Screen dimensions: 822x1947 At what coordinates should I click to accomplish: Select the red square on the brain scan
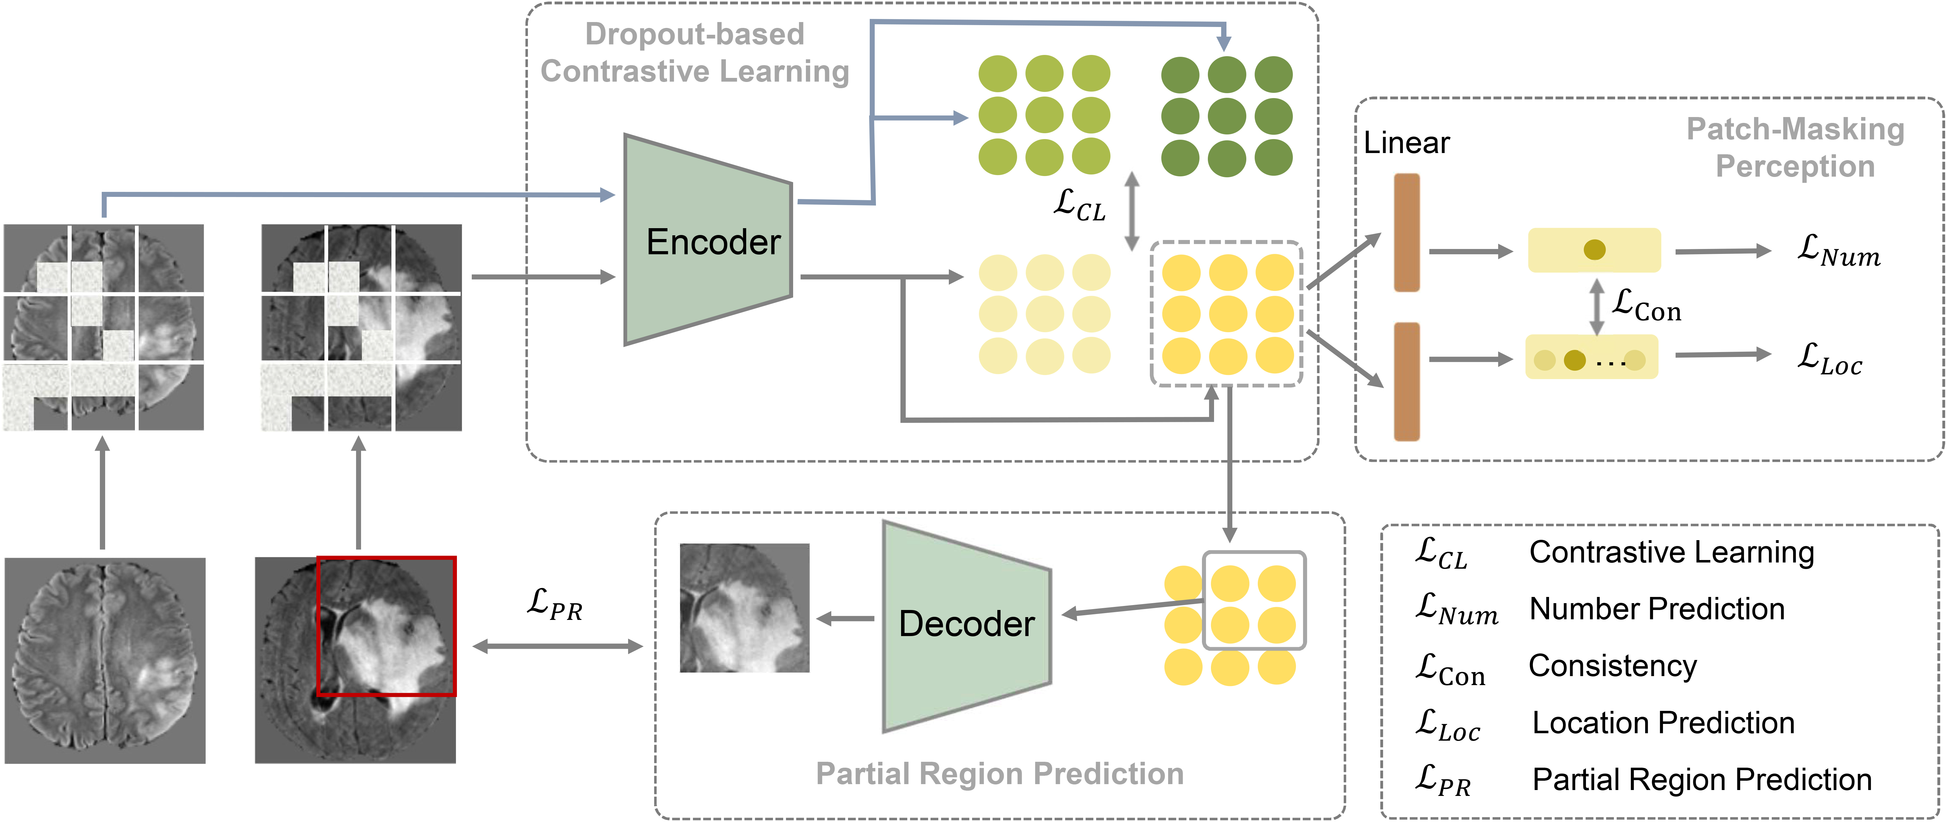[x=386, y=626]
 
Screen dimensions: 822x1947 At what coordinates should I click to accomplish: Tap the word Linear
[x=1406, y=143]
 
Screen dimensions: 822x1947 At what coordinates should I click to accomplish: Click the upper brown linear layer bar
[x=1407, y=233]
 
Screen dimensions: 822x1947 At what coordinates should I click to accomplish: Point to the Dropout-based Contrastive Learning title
[x=694, y=53]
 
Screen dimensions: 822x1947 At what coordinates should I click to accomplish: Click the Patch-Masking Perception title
[x=1795, y=147]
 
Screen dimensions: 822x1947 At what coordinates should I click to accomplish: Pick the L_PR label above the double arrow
[x=555, y=605]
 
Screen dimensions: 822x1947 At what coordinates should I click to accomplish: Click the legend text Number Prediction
[x=1657, y=609]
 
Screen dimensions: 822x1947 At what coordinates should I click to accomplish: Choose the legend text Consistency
[x=1612, y=666]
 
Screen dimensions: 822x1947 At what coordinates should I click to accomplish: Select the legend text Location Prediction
[x=1663, y=723]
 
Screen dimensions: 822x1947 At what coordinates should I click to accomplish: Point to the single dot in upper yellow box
[x=1594, y=250]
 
